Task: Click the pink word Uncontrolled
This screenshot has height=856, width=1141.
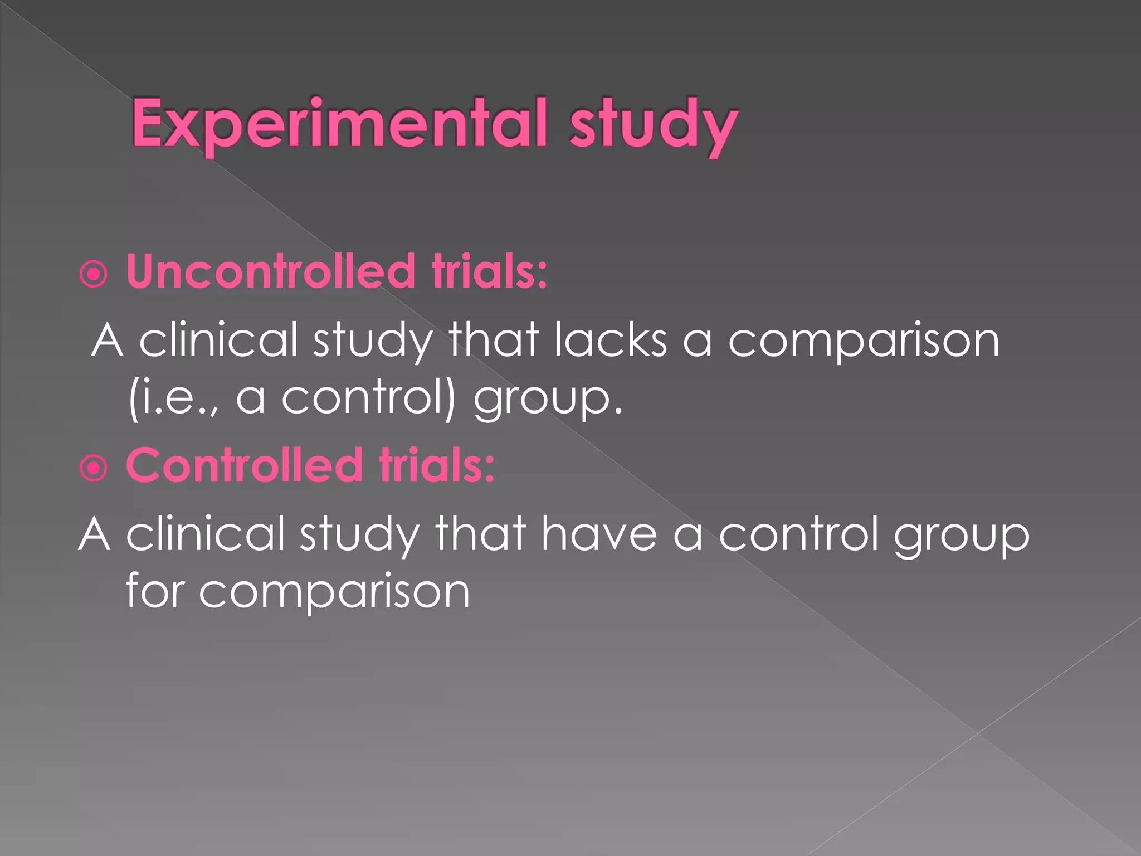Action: [271, 272]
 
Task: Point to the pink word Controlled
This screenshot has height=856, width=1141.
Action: [245, 466]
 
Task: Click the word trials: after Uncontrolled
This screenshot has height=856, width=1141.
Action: [490, 272]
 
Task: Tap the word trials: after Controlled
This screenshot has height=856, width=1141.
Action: [437, 466]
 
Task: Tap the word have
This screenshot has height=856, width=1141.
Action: [599, 534]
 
